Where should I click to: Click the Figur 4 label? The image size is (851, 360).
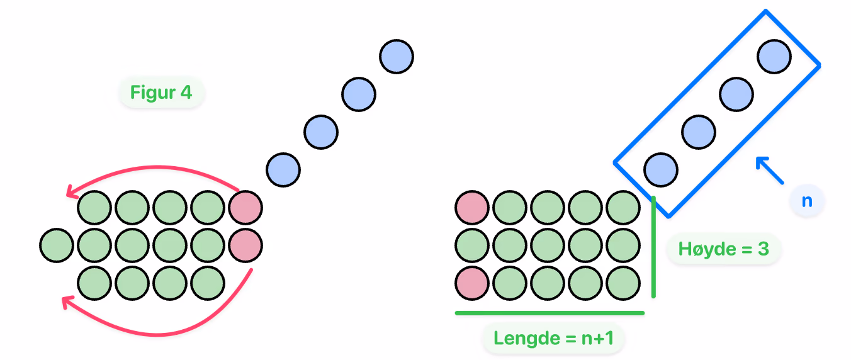click(x=161, y=93)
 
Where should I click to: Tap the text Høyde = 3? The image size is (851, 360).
click(x=724, y=249)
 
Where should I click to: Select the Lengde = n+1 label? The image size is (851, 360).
click(x=553, y=338)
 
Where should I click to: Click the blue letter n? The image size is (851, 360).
click(x=807, y=201)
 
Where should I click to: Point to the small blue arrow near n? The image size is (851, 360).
click(x=769, y=170)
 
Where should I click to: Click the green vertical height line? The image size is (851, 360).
click(x=653, y=247)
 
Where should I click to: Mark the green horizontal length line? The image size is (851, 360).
click(x=549, y=313)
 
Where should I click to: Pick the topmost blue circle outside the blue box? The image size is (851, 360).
click(x=397, y=57)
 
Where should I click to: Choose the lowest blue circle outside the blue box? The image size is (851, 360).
click(x=283, y=170)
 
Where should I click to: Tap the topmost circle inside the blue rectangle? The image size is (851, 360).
click(x=774, y=57)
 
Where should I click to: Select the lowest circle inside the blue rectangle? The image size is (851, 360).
click(x=661, y=170)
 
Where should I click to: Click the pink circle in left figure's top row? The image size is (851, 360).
click(x=245, y=208)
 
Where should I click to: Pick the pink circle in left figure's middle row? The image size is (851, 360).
click(x=245, y=245)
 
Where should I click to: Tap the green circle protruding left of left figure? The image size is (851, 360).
click(x=57, y=245)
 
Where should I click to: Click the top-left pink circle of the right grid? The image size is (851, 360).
click(x=472, y=208)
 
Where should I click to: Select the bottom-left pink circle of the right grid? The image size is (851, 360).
click(x=472, y=283)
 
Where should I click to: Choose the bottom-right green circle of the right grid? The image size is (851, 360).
click(x=623, y=283)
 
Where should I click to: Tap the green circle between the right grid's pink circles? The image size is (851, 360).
click(x=472, y=245)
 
